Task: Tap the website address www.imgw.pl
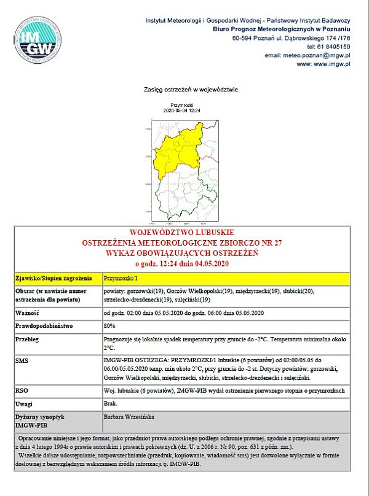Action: pyautogui.click(x=331, y=63)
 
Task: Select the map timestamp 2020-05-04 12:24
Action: pyautogui.click(x=182, y=110)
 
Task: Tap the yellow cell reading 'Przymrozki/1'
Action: pyautogui.click(x=116, y=278)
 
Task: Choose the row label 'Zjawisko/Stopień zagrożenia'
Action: pyautogui.click(x=54, y=278)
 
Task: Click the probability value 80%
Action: pyautogui.click(x=110, y=325)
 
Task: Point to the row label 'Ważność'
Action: pyautogui.click(x=28, y=312)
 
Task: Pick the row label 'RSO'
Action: pyautogui.click(x=22, y=390)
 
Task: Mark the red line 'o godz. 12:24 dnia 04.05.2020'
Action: pyautogui.click(x=182, y=263)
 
